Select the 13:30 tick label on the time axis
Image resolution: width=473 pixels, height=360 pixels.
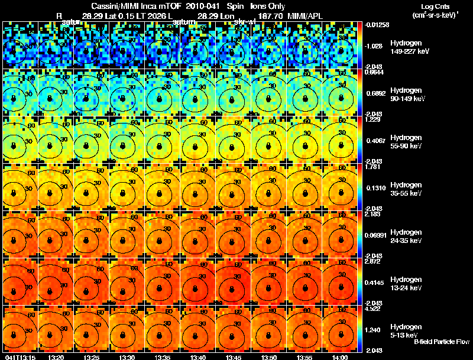(x=127, y=357)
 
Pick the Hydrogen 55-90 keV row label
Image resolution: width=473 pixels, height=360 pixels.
(x=406, y=141)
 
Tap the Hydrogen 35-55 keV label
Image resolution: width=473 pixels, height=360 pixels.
(x=406, y=189)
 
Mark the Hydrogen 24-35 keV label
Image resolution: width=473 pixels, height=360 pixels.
(x=406, y=236)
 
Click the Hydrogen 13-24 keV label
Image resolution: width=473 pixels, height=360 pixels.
(x=406, y=283)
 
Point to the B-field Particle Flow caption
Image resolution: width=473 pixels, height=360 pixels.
(x=442, y=342)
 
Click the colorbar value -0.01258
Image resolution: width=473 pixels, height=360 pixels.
(x=377, y=24)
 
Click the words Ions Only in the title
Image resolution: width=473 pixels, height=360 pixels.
(x=268, y=5)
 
